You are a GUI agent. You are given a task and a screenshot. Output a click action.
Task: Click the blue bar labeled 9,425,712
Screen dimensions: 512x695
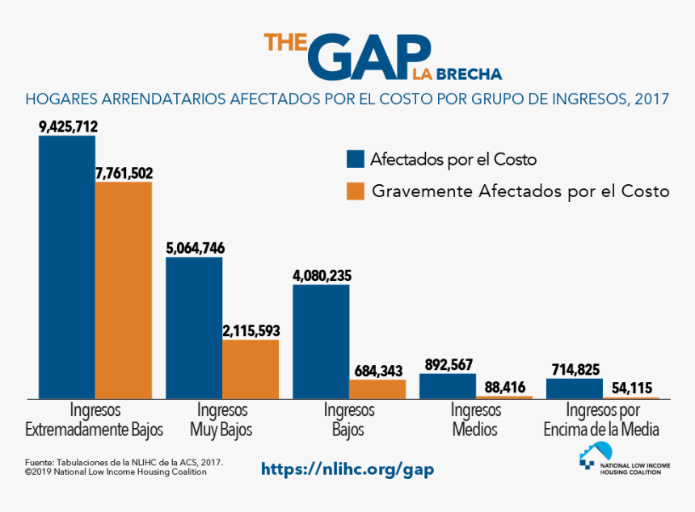point(67,266)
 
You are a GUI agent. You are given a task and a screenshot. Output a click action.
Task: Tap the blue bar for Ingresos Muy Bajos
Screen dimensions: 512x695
point(194,327)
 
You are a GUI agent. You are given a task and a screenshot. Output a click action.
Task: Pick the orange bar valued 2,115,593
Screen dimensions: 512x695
point(251,368)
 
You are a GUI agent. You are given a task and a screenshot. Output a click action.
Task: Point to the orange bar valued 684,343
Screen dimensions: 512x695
point(377,388)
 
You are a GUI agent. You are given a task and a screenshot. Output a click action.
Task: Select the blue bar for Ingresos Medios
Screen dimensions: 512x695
point(448,385)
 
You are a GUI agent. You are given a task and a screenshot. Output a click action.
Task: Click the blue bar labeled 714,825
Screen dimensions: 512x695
point(575,388)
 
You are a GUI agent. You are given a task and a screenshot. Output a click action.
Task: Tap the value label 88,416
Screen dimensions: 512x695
point(503,387)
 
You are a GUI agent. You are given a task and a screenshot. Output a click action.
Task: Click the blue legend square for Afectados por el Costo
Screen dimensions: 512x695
point(354,158)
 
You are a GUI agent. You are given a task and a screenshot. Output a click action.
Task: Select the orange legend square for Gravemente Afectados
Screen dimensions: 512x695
point(354,191)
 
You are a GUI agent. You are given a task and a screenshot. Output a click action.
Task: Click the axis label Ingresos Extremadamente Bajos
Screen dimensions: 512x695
point(95,419)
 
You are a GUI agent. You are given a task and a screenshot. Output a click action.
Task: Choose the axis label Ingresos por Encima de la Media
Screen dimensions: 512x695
point(602,419)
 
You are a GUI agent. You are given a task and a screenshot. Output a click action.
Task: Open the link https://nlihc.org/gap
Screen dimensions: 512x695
point(347,469)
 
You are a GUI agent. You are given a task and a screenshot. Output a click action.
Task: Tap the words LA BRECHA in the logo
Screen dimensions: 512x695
point(457,74)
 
